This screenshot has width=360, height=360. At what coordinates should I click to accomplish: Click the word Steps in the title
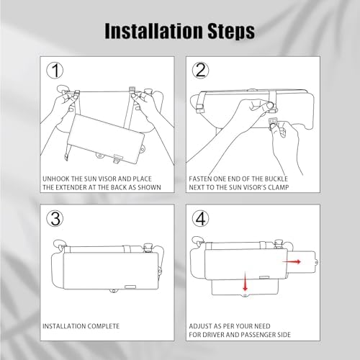point(231,32)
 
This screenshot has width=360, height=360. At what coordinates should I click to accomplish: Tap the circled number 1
point(55,70)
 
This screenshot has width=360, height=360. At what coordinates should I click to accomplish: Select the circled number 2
point(201,70)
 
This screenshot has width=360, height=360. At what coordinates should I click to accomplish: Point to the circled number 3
point(55,218)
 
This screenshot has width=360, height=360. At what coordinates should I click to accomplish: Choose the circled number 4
point(201,218)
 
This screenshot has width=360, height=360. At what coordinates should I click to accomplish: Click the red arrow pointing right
point(292,261)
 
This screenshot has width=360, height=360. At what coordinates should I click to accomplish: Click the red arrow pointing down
point(245,282)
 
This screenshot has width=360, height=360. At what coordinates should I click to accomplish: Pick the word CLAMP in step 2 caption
point(279,187)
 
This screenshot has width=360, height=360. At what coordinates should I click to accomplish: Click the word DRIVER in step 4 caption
point(212,335)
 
